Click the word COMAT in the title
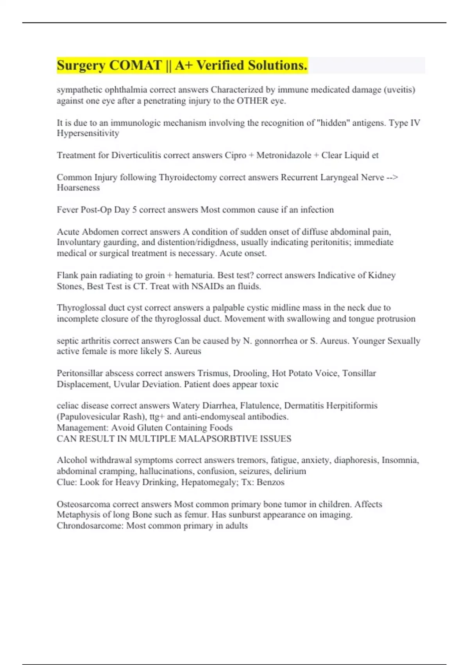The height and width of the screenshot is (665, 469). pos(135,65)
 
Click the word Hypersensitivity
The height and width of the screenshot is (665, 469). pos(88,133)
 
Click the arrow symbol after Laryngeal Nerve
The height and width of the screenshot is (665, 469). pos(392,177)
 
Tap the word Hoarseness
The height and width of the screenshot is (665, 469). pos(78,188)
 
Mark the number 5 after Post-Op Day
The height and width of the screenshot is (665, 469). pos(134,210)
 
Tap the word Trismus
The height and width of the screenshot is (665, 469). pos(213,373)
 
